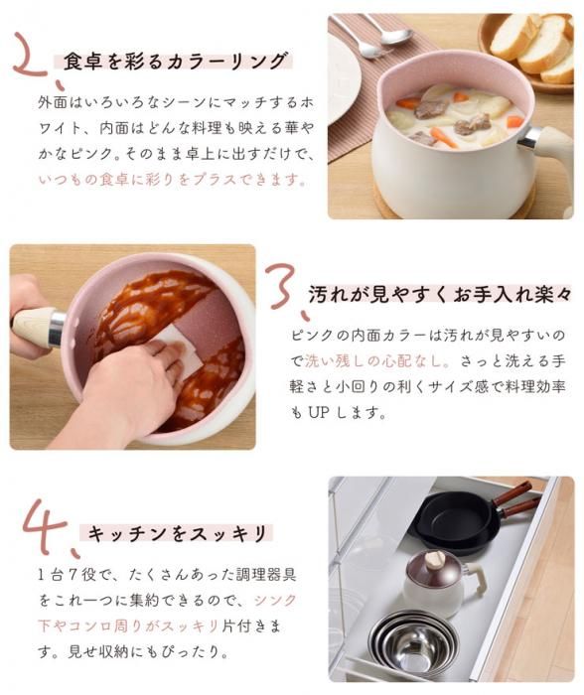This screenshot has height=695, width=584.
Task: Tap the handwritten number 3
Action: [281, 288]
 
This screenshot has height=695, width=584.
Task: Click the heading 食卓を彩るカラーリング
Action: [175, 61]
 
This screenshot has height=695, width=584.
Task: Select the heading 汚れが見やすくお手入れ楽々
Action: [439, 294]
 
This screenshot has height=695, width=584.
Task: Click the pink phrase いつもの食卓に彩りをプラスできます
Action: [171, 180]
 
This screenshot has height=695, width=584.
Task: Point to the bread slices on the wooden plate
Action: [534, 45]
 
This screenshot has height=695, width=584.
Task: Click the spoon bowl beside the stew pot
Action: [393, 36]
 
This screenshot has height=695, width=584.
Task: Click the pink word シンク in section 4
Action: [275, 600]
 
